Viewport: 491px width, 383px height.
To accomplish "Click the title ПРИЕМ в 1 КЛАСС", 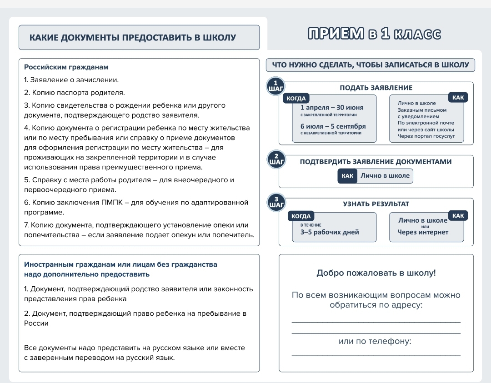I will [x=374, y=34].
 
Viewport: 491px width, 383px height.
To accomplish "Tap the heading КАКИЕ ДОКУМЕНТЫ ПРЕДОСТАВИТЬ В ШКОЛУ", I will [x=133, y=38].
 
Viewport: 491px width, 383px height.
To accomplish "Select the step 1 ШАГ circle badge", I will [x=276, y=86].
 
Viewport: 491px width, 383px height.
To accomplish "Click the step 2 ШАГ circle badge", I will [x=276, y=159].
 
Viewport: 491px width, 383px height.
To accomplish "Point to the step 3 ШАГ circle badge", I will [x=276, y=202].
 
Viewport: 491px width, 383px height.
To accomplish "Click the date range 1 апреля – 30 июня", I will [x=332, y=108].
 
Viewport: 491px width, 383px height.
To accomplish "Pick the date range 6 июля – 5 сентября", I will [x=333, y=126].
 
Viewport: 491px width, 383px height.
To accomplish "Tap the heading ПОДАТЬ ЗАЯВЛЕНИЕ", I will [x=376, y=88].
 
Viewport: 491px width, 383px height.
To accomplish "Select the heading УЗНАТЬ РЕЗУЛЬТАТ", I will [x=376, y=204].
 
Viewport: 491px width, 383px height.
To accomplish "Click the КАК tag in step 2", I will [x=347, y=176].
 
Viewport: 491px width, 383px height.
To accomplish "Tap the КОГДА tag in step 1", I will [x=296, y=99].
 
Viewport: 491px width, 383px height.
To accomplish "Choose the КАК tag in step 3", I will [x=458, y=216].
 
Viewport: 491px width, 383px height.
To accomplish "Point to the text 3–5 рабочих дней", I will [x=330, y=232].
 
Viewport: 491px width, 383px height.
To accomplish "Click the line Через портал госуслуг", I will [x=426, y=136].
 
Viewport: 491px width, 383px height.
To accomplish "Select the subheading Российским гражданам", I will [x=66, y=67].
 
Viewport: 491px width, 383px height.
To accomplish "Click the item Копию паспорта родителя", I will [x=74, y=93].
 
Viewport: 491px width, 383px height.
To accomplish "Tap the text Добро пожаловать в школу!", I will [x=376, y=273].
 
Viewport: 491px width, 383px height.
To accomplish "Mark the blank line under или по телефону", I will [x=376, y=355].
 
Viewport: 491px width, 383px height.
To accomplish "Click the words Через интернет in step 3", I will [x=423, y=232].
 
